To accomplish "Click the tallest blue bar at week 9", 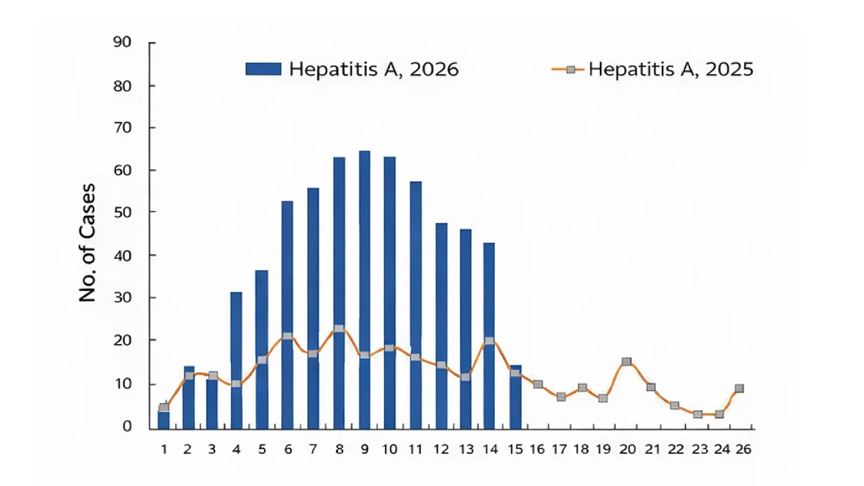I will (365, 259).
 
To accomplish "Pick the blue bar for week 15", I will (515, 402).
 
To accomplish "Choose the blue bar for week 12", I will (442, 302).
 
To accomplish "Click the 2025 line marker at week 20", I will (627, 362).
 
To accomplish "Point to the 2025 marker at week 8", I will (339, 329).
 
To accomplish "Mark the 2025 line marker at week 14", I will (489, 340).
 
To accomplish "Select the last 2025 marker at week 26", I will (739, 388).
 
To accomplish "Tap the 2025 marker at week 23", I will (698, 414).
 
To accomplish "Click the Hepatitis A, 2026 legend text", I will (374, 69).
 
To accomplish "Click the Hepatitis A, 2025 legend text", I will (670, 69).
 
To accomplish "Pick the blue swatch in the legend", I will (263, 69).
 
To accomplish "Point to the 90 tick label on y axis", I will (122, 42).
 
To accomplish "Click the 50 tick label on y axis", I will (122, 213).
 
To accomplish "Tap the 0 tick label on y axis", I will (127, 426).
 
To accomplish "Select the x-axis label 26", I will (743, 449).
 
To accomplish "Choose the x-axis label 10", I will (390, 449).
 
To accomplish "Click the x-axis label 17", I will (559, 449).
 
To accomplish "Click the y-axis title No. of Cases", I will (87, 243).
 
